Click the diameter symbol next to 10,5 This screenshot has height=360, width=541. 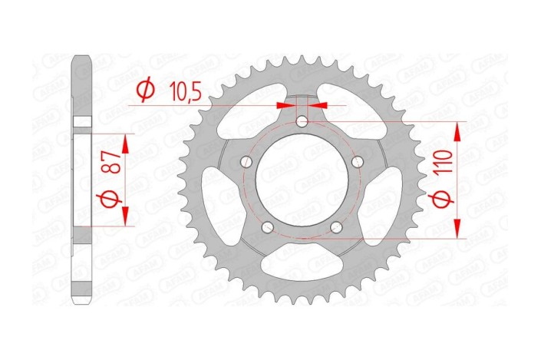pos(143,91)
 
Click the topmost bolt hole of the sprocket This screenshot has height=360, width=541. pos(302,121)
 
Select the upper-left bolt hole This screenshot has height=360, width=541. pos(246,162)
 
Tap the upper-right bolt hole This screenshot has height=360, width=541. pos(358,162)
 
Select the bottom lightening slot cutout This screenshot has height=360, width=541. pos(302,265)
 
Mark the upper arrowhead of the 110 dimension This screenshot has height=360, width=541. pos(457,131)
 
